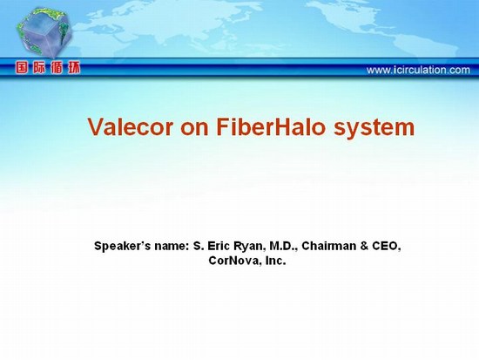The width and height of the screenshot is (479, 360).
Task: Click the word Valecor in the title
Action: pyautogui.click(x=131, y=126)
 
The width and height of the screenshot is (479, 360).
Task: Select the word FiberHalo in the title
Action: pyautogui.click(x=270, y=126)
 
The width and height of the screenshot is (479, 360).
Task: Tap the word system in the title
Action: pyautogui.click(x=374, y=128)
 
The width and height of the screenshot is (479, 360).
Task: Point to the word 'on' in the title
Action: pyautogui.click(x=194, y=129)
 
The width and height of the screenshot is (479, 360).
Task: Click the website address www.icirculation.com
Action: pyautogui.click(x=418, y=70)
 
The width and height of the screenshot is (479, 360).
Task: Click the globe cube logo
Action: pyautogui.click(x=44, y=33)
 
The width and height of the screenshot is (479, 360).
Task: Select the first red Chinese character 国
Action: pyautogui.click(x=22, y=68)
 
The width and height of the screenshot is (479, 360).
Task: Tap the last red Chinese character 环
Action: pyautogui.click(x=74, y=68)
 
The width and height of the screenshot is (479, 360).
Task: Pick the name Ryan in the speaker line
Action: pyautogui.click(x=249, y=246)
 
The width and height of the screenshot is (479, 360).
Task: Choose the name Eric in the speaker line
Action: pyautogui.click(x=219, y=246)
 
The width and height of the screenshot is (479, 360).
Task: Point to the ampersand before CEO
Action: pyautogui.click(x=364, y=246)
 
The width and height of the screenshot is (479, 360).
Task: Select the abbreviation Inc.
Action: pyautogui.click(x=276, y=261)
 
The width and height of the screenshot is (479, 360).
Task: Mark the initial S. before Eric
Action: pyautogui.click(x=199, y=246)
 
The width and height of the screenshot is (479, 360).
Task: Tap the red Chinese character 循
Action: pyautogui.click(x=57, y=68)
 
